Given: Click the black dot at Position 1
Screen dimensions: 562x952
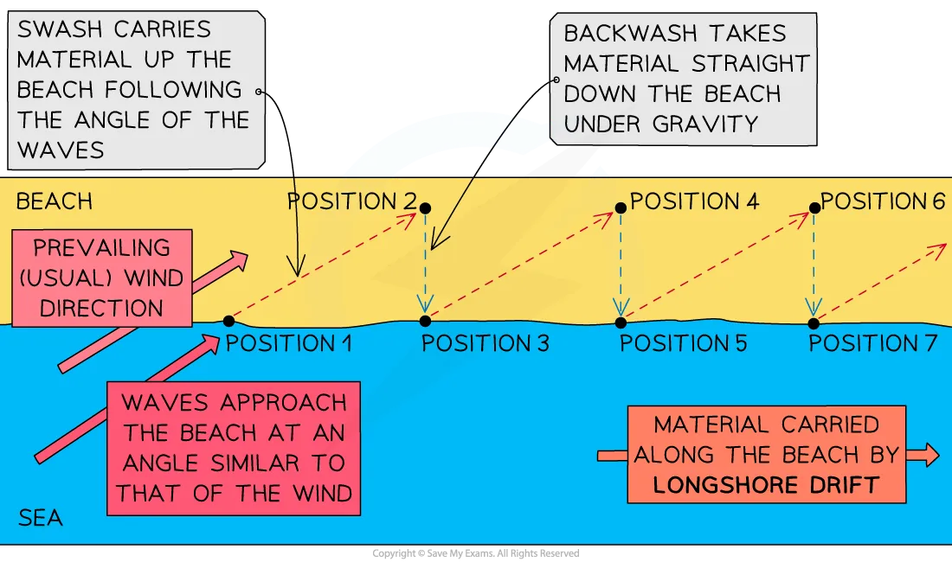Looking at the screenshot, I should point(228,321).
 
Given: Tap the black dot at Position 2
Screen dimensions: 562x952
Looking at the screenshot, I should point(424,208).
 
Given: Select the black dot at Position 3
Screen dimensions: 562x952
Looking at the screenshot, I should point(424,321).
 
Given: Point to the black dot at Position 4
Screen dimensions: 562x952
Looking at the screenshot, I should point(620,208).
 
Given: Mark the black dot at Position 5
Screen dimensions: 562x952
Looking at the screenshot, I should point(620,323).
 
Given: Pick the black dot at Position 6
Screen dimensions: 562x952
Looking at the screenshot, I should point(814,208).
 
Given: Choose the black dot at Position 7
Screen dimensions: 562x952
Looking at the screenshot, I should point(814,323).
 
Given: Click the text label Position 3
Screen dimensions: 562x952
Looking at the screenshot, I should point(485,344).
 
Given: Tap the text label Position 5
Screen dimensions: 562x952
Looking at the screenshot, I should point(683,344).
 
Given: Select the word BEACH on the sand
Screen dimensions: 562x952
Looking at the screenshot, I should point(55,202).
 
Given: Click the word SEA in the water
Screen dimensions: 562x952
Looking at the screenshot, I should point(40,519).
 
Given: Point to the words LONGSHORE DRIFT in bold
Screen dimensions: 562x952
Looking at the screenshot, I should point(767,484).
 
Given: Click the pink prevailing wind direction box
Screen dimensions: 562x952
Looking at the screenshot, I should point(102,278).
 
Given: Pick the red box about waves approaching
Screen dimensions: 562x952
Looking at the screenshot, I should point(234,448).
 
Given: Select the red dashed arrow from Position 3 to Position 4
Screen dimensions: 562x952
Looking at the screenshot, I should point(522,264).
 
